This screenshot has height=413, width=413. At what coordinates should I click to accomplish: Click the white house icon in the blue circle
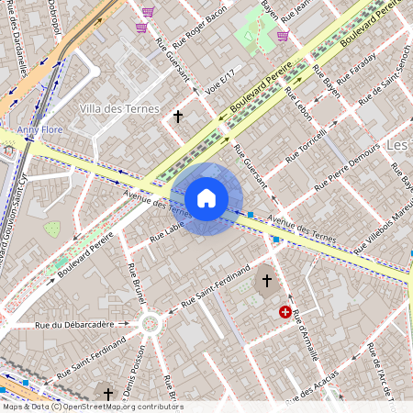[206, 198]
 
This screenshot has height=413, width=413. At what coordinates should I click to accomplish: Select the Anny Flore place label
[39, 130]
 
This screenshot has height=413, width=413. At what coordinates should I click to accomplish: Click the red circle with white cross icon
[285, 313]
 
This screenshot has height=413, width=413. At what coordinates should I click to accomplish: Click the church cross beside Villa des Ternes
[178, 117]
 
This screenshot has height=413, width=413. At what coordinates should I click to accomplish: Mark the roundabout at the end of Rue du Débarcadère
[149, 324]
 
